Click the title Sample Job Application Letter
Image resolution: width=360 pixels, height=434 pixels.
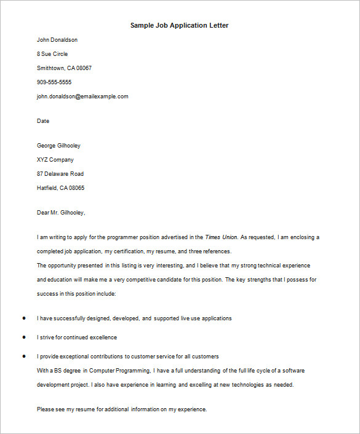tap(180, 26)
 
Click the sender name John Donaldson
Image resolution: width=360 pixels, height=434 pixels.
tap(57, 40)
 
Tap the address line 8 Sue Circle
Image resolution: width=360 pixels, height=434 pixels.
tap(52, 54)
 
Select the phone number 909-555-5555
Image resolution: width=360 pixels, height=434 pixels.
tap(54, 82)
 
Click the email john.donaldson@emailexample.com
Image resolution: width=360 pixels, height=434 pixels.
tap(82, 97)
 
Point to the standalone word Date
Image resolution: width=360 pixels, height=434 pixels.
tap(43, 121)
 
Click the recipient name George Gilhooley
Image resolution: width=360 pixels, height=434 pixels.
tap(58, 146)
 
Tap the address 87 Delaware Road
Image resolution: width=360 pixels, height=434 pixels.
tap(60, 174)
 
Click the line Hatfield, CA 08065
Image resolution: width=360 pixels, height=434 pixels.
tap(61, 188)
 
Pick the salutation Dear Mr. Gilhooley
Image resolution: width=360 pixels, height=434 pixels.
tap(61, 213)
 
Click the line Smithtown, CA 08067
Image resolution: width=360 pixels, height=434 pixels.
tap(64, 68)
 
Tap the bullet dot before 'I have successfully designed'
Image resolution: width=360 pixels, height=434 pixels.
tap(24, 318)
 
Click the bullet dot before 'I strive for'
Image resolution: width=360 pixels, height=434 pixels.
tap(24, 337)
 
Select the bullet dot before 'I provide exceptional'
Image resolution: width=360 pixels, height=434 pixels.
tap(24, 356)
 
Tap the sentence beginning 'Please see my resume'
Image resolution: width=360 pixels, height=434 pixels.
tap(122, 409)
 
